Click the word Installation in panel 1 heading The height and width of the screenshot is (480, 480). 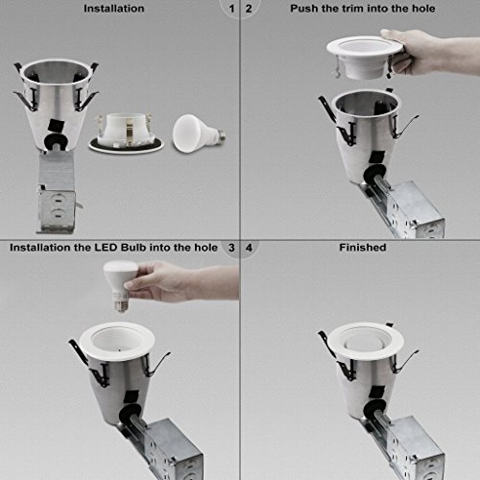pos(114,9)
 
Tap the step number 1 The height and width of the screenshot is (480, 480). pos(231,9)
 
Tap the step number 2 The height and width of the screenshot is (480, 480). pos(249,9)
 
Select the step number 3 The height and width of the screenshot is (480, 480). pos(231,248)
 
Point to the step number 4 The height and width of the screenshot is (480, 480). pos(249,248)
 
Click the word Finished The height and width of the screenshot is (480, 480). pos(363,248)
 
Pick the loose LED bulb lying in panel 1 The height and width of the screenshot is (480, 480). pos(198,133)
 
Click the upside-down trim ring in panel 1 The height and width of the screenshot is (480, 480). pos(126,133)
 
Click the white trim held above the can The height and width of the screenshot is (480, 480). pos(365,57)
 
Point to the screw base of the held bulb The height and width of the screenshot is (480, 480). pos(121,303)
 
